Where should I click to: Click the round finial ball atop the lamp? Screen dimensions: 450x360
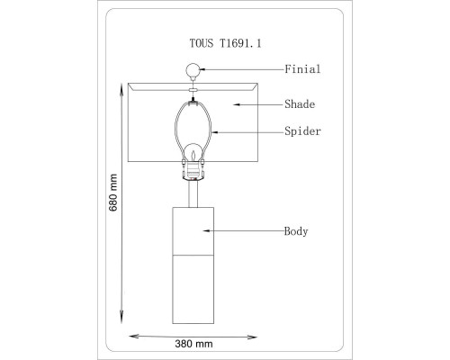pyautogui.click(x=193, y=70)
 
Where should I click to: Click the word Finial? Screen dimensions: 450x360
pyautogui.click(x=302, y=69)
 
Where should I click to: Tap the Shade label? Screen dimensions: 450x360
pyautogui.click(x=300, y=104)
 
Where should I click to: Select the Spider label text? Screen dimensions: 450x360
pyautogui.click(x=302, y=131)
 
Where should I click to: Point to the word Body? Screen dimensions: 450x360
pyautogui.click(x=296, y=231)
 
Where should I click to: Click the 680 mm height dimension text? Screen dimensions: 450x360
pyautogui.click(x=113, y=193)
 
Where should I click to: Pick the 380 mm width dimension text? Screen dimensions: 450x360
pyautogui.click(x=193, y=344)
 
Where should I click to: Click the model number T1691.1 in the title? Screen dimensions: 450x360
pyautogui.click(x=240, y=43)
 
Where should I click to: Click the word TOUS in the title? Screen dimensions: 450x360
pyautogui.click(x=202, y=43)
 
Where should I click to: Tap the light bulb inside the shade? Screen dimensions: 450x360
pyautogui.click(x=193, y=153)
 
